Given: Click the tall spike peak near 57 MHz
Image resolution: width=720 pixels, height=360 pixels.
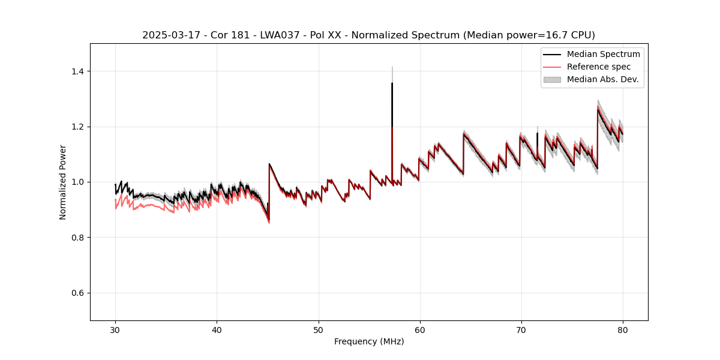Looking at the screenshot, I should (392, 83).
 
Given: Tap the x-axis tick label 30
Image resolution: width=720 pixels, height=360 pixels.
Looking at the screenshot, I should (115, 330).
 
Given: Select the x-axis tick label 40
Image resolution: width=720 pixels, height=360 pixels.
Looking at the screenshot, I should (217, 330).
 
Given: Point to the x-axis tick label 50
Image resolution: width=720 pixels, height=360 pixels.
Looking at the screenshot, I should (318, 330).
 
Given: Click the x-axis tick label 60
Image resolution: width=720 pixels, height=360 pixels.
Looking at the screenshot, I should (419, 330).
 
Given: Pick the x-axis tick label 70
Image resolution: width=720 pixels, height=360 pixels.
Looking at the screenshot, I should (521, 330).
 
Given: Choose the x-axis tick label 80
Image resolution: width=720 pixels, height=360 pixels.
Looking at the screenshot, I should (622, 330).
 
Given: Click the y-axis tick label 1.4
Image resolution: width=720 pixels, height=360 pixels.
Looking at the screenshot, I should (78, 71).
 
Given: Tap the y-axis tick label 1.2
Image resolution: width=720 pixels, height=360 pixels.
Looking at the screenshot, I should (78, 127).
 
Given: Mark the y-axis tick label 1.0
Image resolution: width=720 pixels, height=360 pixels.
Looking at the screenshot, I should (78, 182).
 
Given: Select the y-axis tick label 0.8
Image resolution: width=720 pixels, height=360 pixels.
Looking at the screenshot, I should (78, 238).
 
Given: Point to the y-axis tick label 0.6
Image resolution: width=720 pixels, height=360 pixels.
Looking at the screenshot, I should (78, 293).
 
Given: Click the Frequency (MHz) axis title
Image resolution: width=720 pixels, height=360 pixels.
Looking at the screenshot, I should (369, 342).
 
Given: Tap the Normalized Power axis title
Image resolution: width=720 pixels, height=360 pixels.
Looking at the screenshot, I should (63, 182).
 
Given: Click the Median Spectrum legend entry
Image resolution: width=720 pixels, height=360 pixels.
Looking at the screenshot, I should (603, 54).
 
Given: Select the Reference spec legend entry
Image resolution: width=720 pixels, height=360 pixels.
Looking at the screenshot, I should (599, 67).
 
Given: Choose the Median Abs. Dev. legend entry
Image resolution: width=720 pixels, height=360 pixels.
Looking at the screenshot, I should (602, 79).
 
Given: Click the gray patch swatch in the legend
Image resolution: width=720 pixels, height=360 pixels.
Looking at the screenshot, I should (552, 79).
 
